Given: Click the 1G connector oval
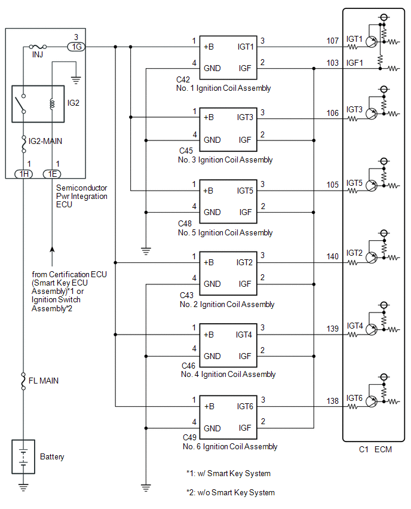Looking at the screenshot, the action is pyautogui.click(x=76, y=47).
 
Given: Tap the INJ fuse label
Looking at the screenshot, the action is pyautogui.click(x=38, y=55).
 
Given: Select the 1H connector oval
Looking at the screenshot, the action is pyautogui.click(x=24, y=174).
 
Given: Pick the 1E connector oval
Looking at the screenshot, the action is pyautogui.click(x=52, y=174).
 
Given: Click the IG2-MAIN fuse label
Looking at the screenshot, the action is pyautogui.click(x=45, y=141).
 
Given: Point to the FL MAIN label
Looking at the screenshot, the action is pyautogui.click(x=44, y=381).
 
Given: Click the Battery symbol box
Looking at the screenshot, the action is pyautogui.click(x=23, y=457).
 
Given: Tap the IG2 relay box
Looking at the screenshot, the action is pyautogui.click(x=38, y=104).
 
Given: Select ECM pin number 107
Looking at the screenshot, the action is pyautogui.click(x=332, y=41).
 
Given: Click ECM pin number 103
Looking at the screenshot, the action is pyautogui.click(x=332, y=63).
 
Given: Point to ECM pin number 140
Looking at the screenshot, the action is pyautogui.click(x=332, y=256).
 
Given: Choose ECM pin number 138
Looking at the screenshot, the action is pyautogui.click(x=332, y=401).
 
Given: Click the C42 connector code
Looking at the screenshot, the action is pyautogui.click(x=183, y=80).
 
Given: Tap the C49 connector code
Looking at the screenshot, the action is pyautogui.click(x=189, y=437).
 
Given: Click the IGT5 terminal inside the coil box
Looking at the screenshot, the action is pyautogui.click(x=245, y=191).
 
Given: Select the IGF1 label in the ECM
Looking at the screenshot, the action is pyautogui.click(x=354, y=63).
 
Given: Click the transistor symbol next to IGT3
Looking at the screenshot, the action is pyautogui.click(x=372, y=114).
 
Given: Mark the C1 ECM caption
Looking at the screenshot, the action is pyautogui.click(x=375, y=450).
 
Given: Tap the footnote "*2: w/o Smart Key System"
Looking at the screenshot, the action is pyautogui.click(x=231, y=493).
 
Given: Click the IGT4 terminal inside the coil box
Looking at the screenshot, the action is pyautogui.click(x=244, y=335).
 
